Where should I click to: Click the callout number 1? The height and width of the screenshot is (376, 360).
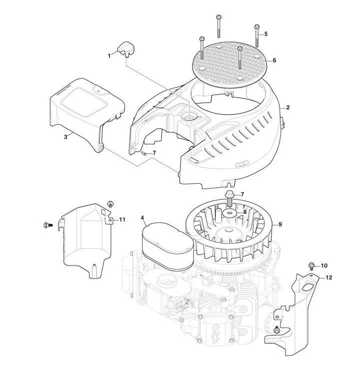coord(109,56)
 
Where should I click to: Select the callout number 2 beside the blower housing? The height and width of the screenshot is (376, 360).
coord(288,108)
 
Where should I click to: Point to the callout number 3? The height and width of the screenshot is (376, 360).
coord(66,137)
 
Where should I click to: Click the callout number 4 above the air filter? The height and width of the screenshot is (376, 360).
coord(142,218)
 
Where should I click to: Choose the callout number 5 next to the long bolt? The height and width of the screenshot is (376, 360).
coord(266,34)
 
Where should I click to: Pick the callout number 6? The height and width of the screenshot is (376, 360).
coord(274,60)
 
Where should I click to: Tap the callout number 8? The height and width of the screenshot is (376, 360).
coord(244,212)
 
